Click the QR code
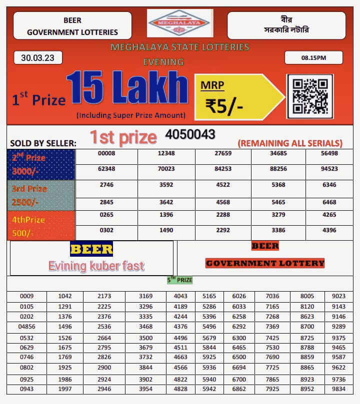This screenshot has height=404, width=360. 309,96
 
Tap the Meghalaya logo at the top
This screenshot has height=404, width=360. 180,23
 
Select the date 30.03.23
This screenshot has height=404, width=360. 38,58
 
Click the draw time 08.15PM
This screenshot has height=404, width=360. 313,58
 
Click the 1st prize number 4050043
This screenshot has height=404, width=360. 190,134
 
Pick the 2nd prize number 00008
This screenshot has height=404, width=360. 106,154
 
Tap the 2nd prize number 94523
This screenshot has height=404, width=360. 328,169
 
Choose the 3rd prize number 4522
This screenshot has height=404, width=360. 222,185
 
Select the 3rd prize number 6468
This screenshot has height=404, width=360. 328,202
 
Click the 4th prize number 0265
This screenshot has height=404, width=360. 106,215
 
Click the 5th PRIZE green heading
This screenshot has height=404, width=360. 179,280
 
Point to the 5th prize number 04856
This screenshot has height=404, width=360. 27,327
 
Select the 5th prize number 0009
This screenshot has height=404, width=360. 27,296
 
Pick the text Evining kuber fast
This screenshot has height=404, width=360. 96,266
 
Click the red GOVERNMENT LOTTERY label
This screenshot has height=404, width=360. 265,263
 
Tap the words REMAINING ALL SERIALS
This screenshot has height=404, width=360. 290,143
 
